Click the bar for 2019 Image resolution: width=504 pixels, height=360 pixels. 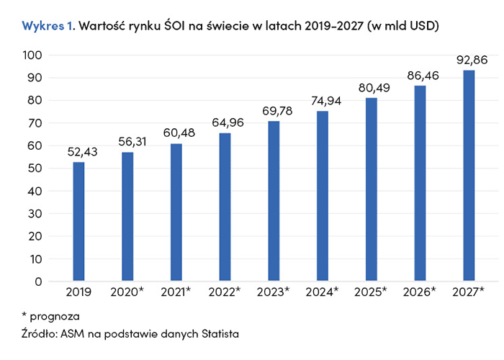point(79,222)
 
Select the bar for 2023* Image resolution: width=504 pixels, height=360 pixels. point(274,201)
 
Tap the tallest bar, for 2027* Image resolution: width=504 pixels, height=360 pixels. point(469,176)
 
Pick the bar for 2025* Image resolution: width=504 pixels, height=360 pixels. point(371,189)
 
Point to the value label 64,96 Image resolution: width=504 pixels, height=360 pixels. point(225,122)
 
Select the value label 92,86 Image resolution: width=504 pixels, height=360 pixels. point(469,60)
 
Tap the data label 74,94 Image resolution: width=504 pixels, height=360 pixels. point(323,99)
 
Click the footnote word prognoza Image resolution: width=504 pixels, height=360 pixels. point(55,315)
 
